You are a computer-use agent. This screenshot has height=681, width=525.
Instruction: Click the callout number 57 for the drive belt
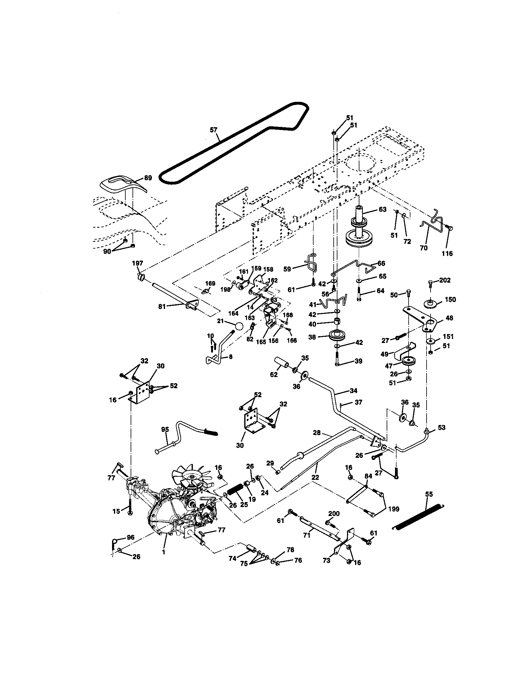tap(213, 130)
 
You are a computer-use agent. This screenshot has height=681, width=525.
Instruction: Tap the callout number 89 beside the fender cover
tap(148, 178)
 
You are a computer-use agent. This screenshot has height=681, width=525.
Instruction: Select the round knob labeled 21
tap(239, 326)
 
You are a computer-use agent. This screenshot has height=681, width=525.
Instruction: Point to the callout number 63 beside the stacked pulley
tap(382, 209)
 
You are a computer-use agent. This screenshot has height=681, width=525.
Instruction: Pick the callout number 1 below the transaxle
tap(163, 552)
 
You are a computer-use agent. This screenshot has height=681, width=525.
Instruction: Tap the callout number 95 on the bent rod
tap(165, 429)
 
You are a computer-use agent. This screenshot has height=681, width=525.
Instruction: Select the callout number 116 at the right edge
tap(447, 254)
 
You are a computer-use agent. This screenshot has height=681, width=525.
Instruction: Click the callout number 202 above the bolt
tap(445, 280)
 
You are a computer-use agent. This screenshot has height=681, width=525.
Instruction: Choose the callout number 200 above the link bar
tap(334, 513)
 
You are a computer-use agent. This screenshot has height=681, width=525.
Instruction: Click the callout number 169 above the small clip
tap(210, 284)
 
